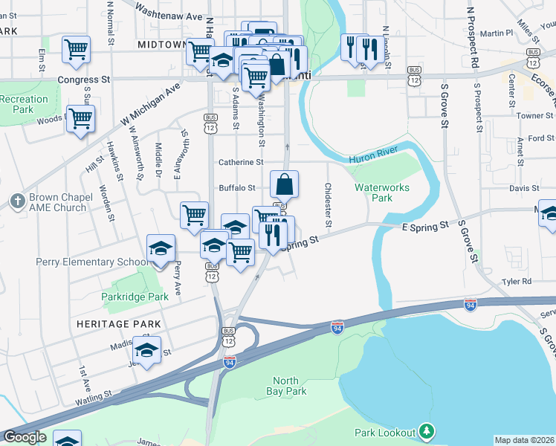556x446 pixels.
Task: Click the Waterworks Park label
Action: [382, 193]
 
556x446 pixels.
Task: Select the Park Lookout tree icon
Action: [426, 430]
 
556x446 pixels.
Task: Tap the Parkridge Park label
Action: [131, 297]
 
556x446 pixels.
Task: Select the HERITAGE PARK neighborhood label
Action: [112, 325]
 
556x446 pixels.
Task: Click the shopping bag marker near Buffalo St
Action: [285, 184]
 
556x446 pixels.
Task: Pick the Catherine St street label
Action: [241, 162]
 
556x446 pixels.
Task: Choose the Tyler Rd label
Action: [517, 282]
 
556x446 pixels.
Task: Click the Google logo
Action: [24, 437]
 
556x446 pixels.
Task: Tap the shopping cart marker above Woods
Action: [80, 117]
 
